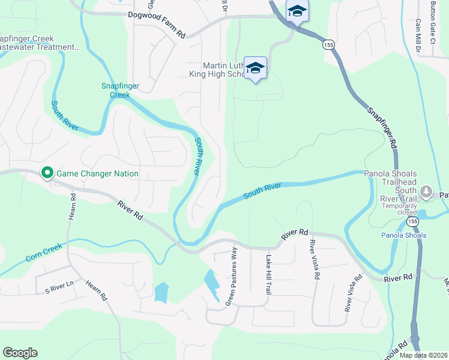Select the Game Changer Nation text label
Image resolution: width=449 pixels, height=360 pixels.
[x=97, y=174]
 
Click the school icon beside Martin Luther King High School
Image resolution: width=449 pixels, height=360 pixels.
[x=256, y=69]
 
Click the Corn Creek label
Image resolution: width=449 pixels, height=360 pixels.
[x=44, y=255]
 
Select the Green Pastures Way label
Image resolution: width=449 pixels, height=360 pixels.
[x=231, y=275]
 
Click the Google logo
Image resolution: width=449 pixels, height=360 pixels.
[x=20, y=352]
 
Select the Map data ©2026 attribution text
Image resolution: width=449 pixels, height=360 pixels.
[x=424, y=355]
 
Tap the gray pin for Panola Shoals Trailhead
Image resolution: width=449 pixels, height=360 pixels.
[x=426, y=193]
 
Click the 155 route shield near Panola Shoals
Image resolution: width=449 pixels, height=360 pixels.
[x=412, y=221]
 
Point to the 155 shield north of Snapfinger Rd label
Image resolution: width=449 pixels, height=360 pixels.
[x=327, y=44]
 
